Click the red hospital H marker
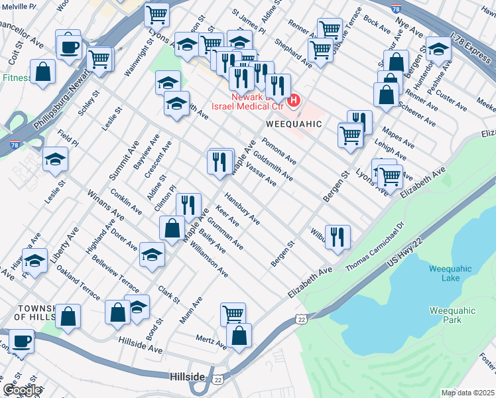[295, 101]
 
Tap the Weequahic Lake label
[450, 273]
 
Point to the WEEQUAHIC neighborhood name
[294, 124]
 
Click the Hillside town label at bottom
[186, 376]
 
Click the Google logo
[22, 390]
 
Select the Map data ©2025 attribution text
[468, 393]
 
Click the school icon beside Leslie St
[55, 159]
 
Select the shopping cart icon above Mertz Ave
[233, 314]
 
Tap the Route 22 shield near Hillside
[218, 379]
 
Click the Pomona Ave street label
[279, 151]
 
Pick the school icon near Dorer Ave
[152, 254]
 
